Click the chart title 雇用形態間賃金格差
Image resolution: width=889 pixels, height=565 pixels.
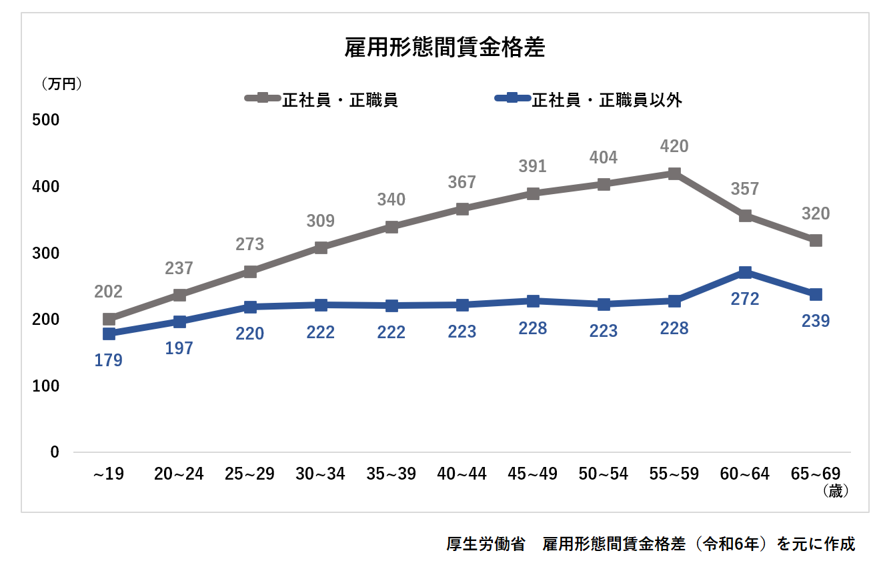[445, 49]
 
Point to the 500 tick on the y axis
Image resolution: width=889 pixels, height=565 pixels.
[47, 120]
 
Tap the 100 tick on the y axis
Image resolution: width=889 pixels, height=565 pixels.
[47, 386]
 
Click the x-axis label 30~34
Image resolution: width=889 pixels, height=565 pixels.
[320, 474]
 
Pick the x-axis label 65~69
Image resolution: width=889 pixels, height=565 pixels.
[815, 474]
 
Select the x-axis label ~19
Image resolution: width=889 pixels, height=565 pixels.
[109, 474]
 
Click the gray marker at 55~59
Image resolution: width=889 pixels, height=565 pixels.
[674, 174]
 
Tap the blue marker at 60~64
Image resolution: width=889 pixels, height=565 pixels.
[745, 272]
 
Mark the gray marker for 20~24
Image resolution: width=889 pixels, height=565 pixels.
[179, 295]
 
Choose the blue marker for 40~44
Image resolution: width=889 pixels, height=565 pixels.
[462, 305]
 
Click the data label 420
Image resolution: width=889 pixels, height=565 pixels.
[674, 146]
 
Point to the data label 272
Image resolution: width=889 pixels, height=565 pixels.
[745, 300]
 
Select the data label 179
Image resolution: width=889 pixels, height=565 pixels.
[109, 361]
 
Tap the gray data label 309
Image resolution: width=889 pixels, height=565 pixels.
[320, 221]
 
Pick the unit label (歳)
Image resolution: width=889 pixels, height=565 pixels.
[834, 492]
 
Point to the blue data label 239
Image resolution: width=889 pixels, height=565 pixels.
[815, 322]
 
